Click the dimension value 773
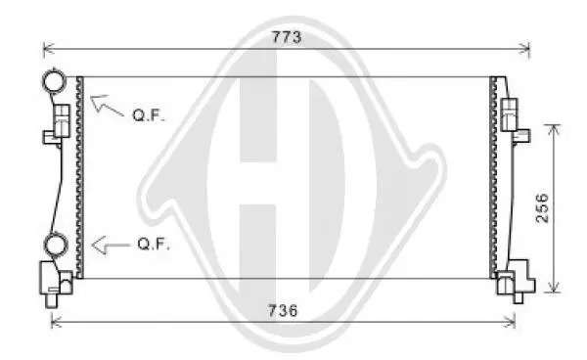(x=287, y=37)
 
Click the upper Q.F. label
(x=149, y=114)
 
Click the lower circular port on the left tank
(x=56, y=244)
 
